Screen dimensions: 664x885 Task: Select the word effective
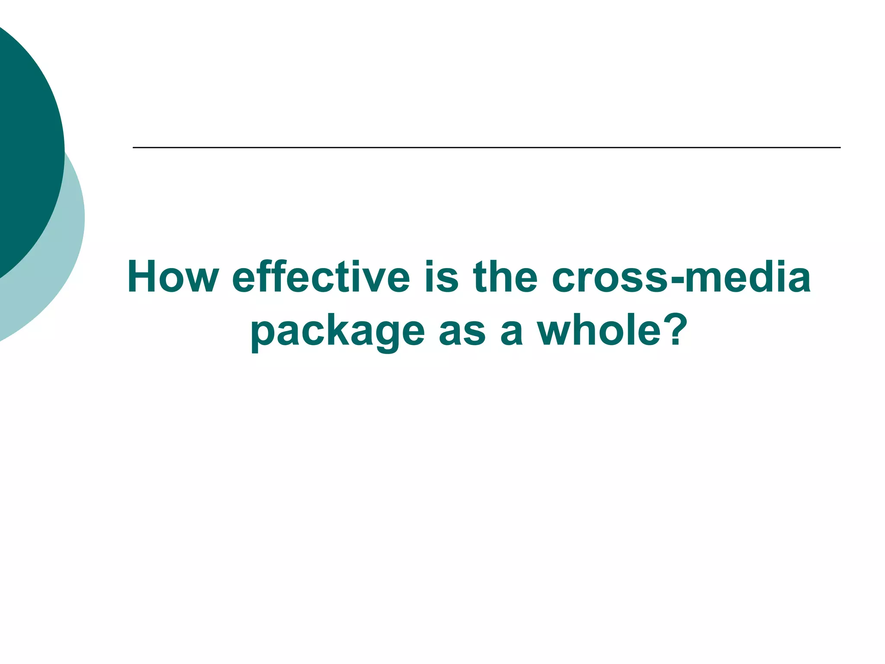coord(321,277)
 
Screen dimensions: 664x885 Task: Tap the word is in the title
coord(441,277)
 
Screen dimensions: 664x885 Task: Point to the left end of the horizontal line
coord(134,148)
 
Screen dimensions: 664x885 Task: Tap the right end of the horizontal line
coord(839,148)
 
